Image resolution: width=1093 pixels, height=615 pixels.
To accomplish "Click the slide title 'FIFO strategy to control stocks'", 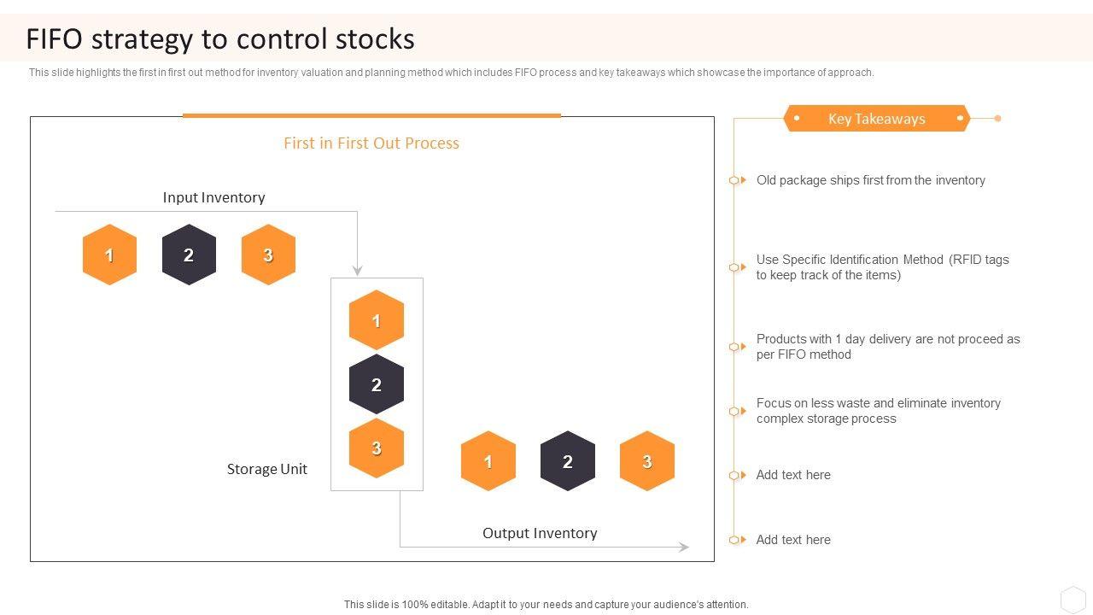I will coord(220,39).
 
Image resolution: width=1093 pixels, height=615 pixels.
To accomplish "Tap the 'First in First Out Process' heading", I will coord(371,143).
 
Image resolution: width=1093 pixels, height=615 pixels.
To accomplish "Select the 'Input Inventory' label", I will coord(213,197).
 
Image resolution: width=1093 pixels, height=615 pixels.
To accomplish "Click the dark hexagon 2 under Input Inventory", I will coord(189,255).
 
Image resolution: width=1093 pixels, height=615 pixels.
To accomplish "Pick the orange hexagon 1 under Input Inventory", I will coord(109,255).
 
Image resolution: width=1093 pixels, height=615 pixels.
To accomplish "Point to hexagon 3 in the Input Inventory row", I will coord(268,255).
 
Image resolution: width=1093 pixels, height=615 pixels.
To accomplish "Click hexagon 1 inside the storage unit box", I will coord(376,320).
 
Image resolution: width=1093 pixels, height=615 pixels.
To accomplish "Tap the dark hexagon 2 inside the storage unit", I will coord(376,384).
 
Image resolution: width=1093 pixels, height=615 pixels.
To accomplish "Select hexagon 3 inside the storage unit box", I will coord(376,448).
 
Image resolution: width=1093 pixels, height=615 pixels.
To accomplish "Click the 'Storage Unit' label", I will coord(266,469).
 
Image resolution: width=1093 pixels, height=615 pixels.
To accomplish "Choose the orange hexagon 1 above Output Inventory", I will coord(488,461).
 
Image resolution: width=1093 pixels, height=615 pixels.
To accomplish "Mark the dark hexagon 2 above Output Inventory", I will coord(567,461).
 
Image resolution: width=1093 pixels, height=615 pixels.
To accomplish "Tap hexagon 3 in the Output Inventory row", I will coord(646,461).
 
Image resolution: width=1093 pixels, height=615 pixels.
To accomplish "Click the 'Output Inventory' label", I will coord(540,533).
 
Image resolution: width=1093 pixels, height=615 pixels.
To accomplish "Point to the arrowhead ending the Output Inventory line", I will coord(684,547).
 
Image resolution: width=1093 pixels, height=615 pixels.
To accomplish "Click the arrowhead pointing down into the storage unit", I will coord(357,271).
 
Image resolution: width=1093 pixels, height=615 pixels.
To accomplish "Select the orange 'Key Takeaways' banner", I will coord(876,119).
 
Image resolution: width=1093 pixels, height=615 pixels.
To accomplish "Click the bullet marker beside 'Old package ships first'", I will coord(734,180).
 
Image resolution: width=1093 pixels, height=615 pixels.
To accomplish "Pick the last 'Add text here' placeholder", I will coord(793,540).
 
